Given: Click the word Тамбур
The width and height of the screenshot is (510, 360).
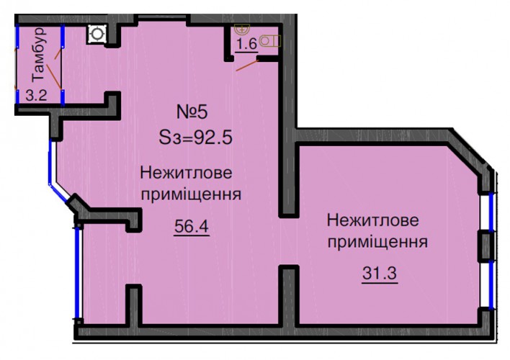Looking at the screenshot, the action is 38,54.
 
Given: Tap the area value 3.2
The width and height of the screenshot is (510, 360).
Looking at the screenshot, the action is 37,96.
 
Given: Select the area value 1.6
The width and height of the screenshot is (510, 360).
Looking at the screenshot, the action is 246,44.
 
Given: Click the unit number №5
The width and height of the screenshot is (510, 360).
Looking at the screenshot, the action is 192,112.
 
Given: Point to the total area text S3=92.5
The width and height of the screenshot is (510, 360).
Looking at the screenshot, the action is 195,138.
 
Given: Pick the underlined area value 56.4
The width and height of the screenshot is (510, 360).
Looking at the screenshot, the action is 192,226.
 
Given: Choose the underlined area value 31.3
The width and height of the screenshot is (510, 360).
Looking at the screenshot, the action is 380,273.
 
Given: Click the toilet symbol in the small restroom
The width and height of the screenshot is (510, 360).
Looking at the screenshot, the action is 270,41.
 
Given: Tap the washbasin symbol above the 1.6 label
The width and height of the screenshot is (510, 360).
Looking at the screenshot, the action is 241,30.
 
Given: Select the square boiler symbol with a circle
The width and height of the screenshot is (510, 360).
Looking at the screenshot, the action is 97,34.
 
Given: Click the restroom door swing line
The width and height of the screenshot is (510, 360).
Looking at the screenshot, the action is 247,66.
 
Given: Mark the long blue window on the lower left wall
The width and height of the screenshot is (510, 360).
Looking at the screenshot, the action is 77,273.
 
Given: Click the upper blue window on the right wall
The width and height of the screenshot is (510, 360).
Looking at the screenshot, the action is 491,212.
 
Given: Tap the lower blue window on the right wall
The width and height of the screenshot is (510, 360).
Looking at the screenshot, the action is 491,284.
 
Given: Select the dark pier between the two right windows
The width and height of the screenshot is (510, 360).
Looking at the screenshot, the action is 486,246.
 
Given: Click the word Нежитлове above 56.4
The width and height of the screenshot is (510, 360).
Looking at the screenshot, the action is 186,173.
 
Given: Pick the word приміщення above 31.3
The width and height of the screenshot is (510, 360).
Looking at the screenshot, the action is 377,243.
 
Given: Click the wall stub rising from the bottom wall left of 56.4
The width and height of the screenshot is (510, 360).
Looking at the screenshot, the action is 134,305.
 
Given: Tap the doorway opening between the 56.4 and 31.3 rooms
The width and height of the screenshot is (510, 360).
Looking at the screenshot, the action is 289,241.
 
